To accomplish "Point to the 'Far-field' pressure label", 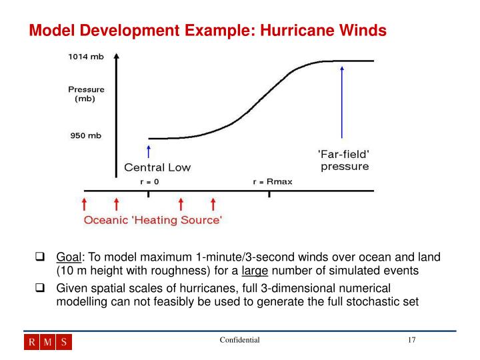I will [343, 160].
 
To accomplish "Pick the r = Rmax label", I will [270, 181].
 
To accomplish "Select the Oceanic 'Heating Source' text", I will [153, 220].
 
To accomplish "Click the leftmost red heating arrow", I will [84, 204].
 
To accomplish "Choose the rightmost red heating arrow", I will [213, 204].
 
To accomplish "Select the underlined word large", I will [254, 271].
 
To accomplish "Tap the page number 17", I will [412, 341].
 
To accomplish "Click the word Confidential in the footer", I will [239, 341].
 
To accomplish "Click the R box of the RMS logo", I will [32, 343].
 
